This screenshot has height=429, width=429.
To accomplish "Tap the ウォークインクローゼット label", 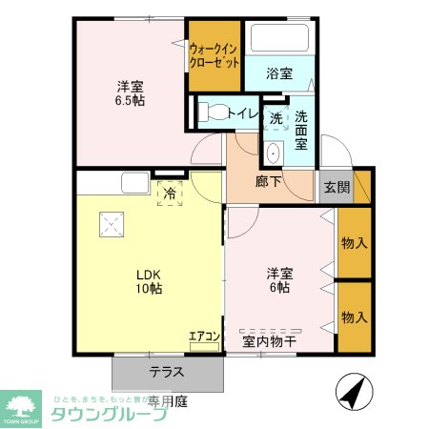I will click(214, 54).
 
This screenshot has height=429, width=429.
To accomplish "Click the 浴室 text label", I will click(280, 73).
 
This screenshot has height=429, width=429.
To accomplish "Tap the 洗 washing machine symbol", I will click(275, 119).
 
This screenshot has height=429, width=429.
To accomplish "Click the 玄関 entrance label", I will click(336, 187).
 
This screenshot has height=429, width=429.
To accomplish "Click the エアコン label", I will click(203, 336).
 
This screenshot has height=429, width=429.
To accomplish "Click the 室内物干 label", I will click(268, 339).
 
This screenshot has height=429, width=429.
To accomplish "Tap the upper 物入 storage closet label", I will click(353, 243).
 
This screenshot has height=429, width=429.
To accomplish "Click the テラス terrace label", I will click(167, 373).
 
